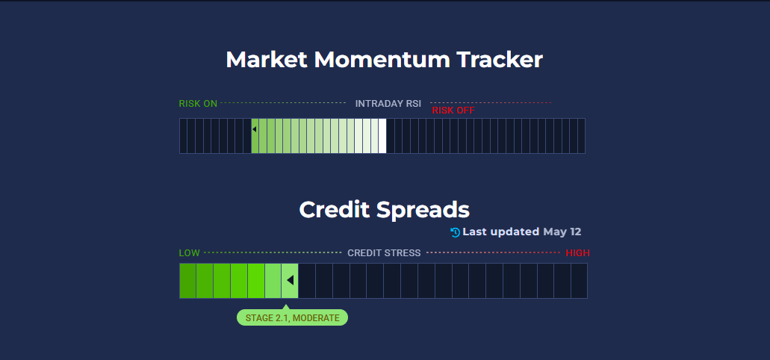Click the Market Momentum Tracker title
[x=384, y=60]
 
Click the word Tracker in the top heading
[x=500, y=60]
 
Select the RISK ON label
[x=198, y=104]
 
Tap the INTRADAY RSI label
[x=388, y=104]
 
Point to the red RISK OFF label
[x=453, y=111]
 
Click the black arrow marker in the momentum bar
[x=255, y=129]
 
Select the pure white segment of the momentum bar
[x=382, y=136]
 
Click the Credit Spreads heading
[x=384, y=210]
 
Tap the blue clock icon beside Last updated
[x=456, y=232]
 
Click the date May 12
[x=562, y=232]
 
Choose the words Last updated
[x=501, y=232]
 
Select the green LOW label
[x=189, y=253]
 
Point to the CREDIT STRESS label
[x=384, y=253]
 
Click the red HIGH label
[x=577, y=253]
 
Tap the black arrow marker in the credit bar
[x=291, y=280]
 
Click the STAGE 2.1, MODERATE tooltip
[x=292, y=317]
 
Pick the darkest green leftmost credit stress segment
[x=187, y=281]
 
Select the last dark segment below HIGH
[x=579, y=281]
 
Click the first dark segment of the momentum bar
[x=183, y=136]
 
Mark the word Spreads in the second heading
[x=423, y=211]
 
